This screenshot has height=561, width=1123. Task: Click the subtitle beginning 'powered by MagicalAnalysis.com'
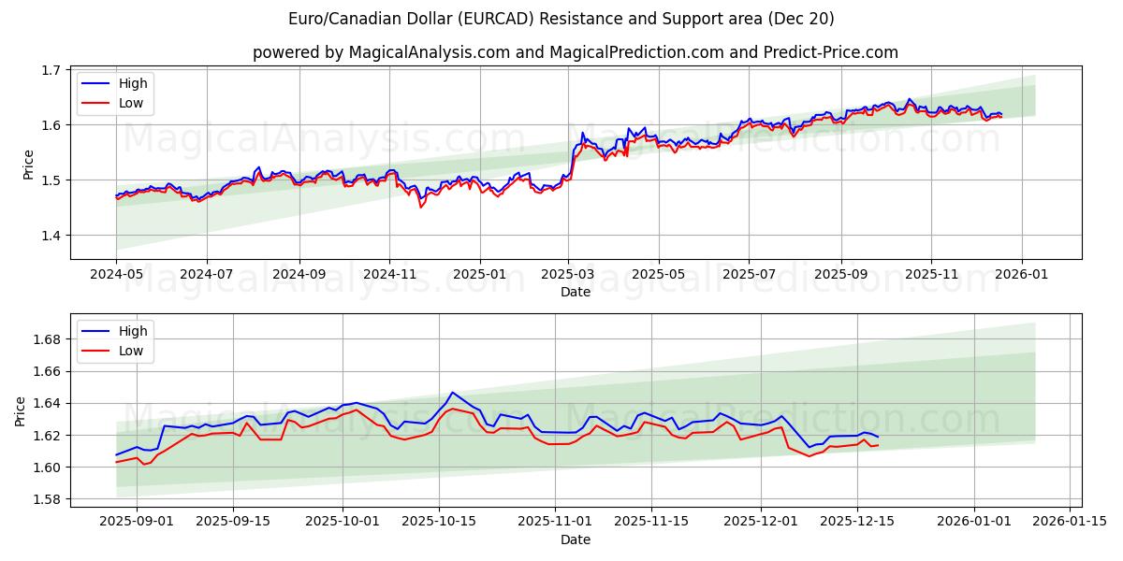pos(575,52)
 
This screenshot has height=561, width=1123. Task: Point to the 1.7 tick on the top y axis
pos(51,70)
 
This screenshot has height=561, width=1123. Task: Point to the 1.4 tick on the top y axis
pos(51,235)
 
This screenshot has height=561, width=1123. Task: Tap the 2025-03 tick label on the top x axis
pos(568,276)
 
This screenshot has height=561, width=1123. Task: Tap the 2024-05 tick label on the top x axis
pos(116,276)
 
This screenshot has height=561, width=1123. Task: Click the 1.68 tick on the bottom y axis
pos(46,339)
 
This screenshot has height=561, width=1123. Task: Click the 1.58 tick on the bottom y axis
pos(46,499)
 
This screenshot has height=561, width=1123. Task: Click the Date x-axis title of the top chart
pos(575,292)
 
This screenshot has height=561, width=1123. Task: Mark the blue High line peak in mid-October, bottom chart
pos(452,393)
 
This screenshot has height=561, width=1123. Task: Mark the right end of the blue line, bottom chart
pos(878,437)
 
